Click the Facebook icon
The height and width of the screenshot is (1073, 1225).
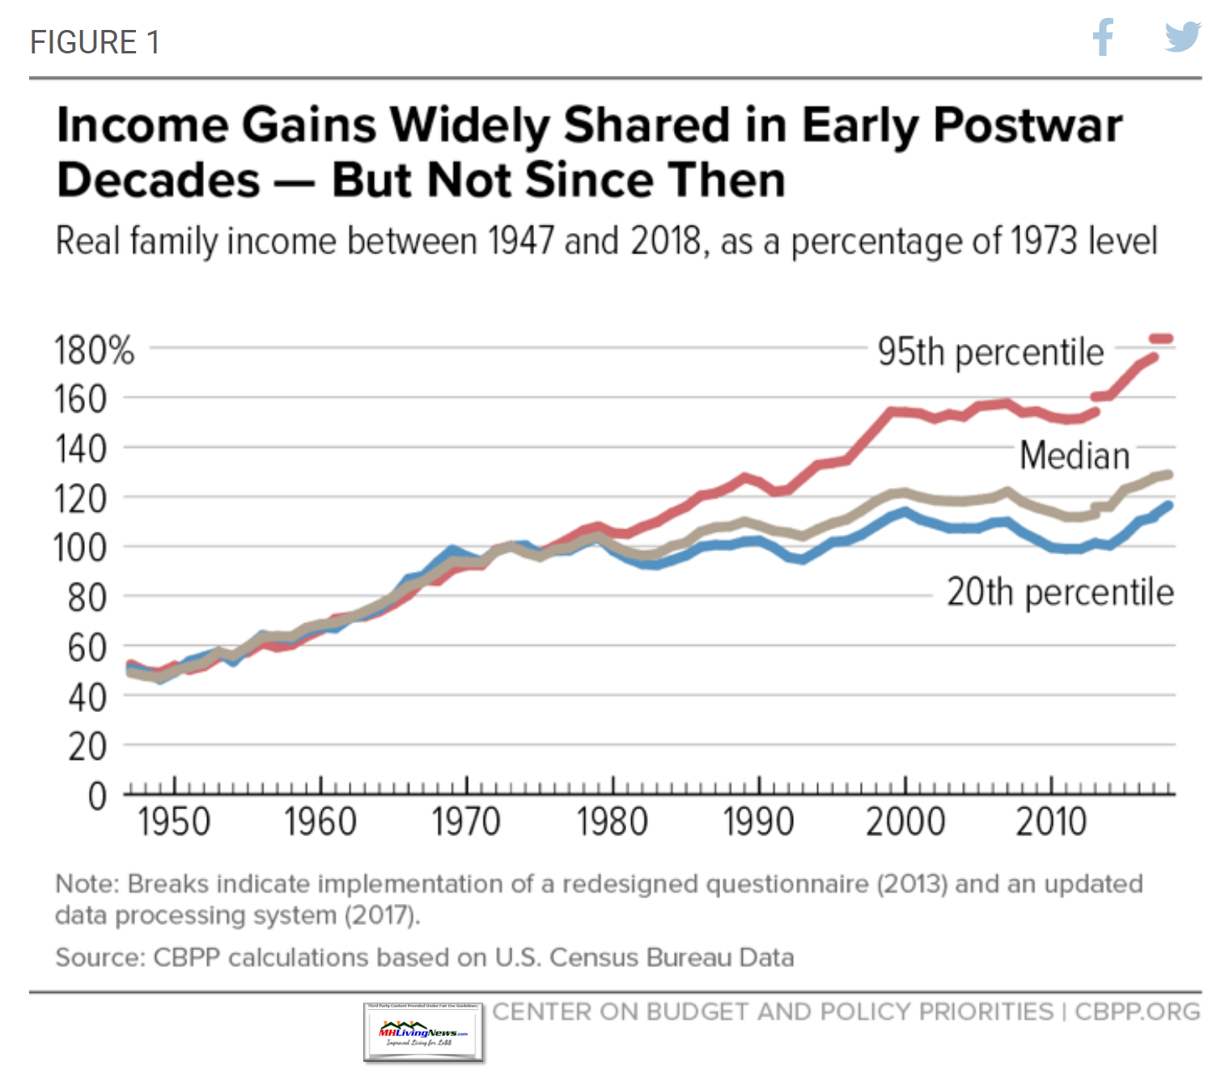pos(1103,37)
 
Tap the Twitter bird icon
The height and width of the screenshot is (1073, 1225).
pos(1182,37)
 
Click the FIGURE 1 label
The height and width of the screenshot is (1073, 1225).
pos(95,42)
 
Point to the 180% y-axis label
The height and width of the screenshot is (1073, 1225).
pos(94,350)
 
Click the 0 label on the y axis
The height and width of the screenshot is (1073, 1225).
pos(97,796)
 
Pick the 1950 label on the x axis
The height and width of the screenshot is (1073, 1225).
pos(174,822)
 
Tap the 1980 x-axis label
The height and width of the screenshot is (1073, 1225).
pos(612,822)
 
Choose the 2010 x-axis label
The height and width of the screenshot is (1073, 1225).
pos(1051,822)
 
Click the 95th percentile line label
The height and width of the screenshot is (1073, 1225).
pos(990,352)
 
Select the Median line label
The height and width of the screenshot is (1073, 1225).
pos(1074,456)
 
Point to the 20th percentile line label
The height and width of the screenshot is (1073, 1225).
pos(1060,592)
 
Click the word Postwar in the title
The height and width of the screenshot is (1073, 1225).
pos(1028,125)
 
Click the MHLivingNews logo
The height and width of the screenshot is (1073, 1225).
pos(423,1033)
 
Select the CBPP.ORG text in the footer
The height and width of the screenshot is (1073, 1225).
pos(1137,1012)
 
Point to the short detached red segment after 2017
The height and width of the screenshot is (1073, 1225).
pos(1161,339)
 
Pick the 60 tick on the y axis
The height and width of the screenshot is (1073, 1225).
pos(87,647)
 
